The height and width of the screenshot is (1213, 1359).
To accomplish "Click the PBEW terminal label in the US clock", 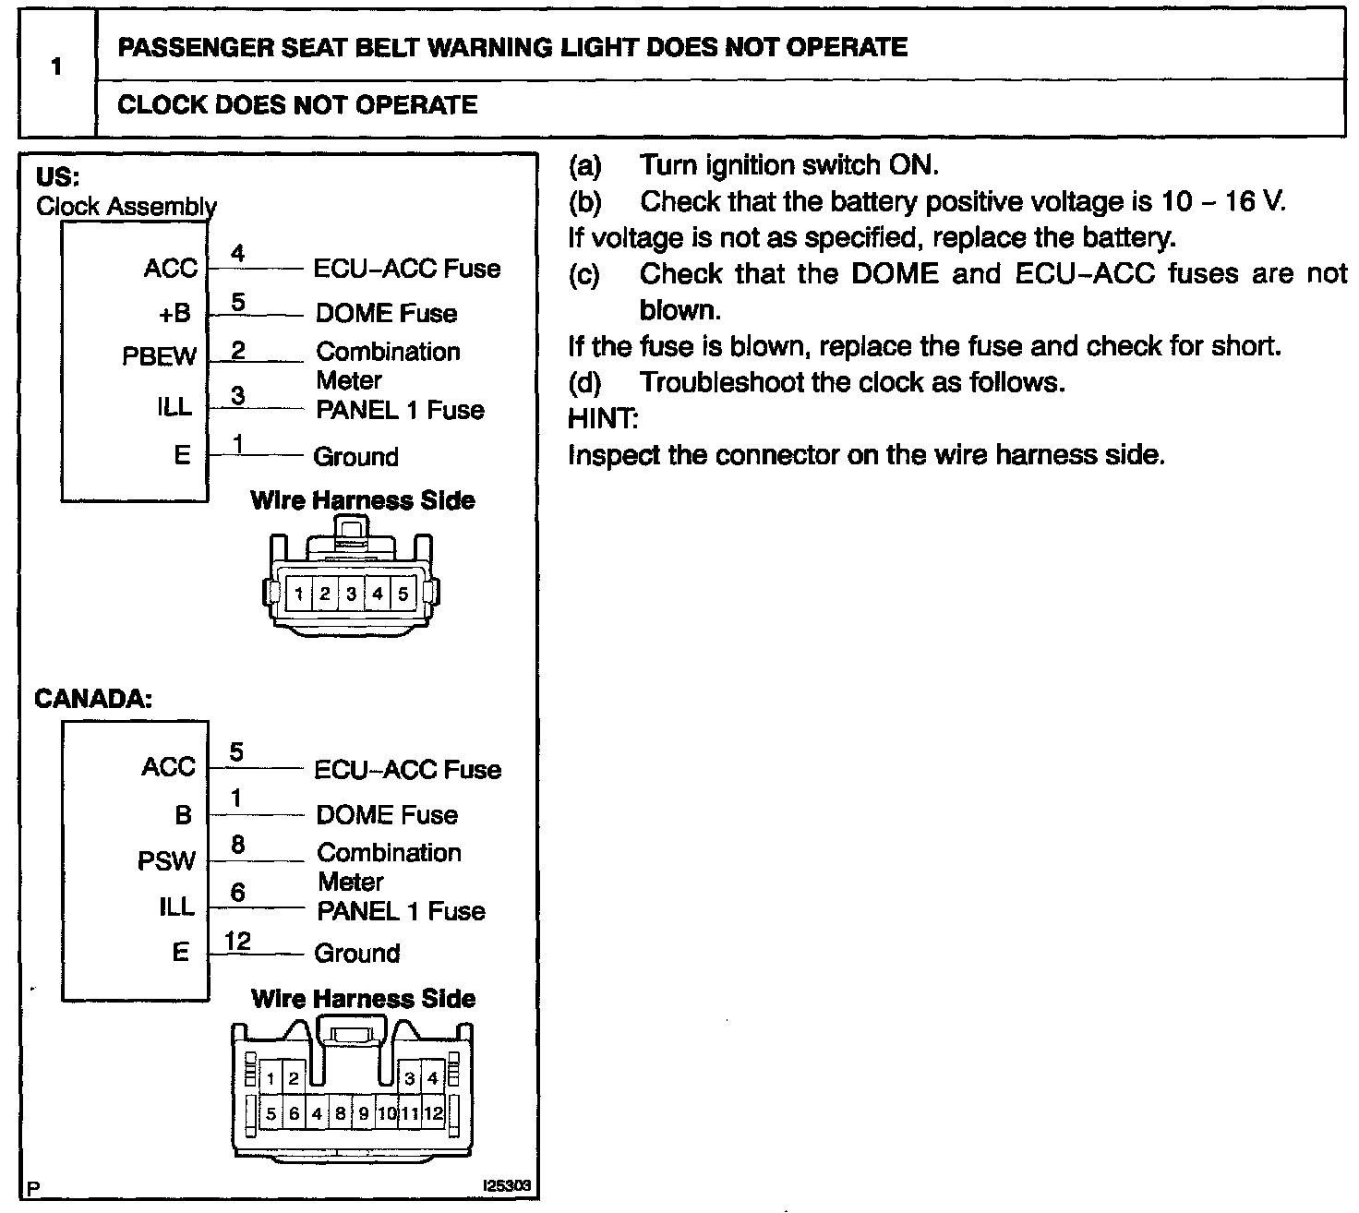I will coord(159,356).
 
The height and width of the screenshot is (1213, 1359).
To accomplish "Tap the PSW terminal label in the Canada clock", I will coord(166,861).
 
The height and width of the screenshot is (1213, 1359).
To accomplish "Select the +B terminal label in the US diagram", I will coord(174,313).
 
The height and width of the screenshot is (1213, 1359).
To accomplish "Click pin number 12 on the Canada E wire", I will coord(237,941).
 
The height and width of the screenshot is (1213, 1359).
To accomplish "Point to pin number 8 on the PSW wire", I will coord(237,845).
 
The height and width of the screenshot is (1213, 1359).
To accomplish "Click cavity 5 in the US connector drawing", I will coord(403,594).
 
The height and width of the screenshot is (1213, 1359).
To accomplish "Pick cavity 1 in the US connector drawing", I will coord(299,594).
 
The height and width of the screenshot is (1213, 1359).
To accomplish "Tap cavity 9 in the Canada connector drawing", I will coord(364,1113).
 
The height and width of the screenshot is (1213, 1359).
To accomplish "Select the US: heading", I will coord(57,176).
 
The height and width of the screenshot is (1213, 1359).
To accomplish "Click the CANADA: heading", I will coord(92,698).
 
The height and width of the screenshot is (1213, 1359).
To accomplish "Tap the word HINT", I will coord(602,418).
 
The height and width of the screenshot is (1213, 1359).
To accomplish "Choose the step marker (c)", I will coord(584,274).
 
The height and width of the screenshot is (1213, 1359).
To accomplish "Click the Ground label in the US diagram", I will coord(355,456).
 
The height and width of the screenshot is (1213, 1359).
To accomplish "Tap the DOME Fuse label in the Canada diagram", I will coord(387,815).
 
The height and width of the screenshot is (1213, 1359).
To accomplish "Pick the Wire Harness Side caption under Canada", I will coord(363,998).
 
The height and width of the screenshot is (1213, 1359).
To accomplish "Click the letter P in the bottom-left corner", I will coord(33,1189).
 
